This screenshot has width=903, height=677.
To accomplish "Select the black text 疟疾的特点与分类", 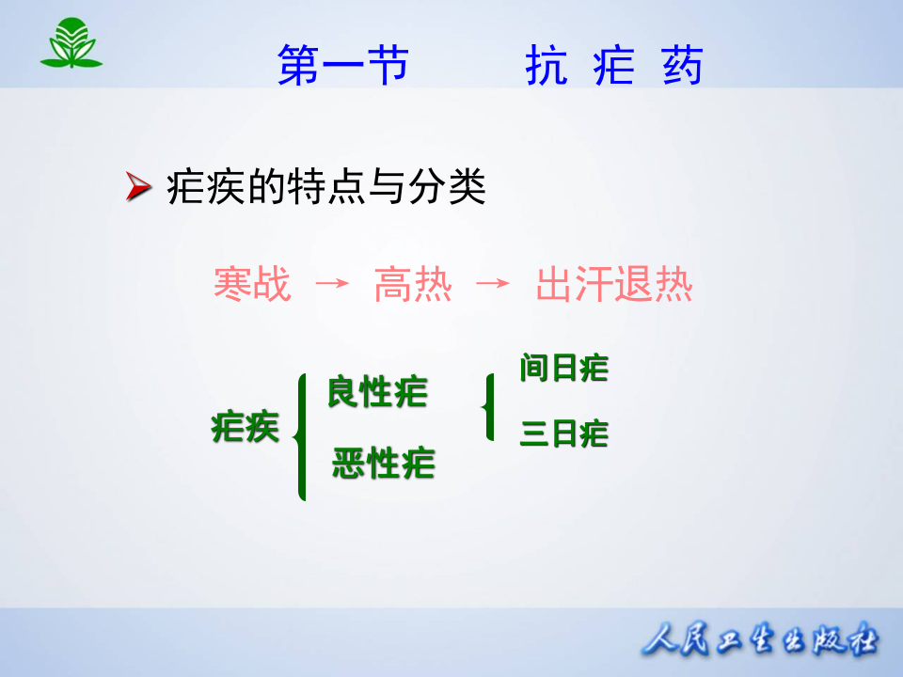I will (x=325, y=189).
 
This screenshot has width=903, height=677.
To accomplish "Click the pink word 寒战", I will (x=252, y=285).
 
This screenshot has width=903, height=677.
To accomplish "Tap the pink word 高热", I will (x=413, y=285).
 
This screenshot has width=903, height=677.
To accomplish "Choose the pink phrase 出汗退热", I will (x=614, y=285).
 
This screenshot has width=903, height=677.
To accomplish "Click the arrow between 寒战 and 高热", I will (x=331, y=284).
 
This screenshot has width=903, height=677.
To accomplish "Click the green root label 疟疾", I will (x=246, y=428).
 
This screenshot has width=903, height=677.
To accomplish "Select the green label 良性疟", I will (x=377, y=392).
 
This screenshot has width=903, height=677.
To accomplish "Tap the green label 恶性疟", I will (x=383, y=464).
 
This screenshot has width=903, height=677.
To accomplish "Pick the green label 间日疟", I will (x=564, y=369).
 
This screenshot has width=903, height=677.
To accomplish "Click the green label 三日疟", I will (x=564, y=434).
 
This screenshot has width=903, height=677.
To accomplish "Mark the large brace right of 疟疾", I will (x=300, y=437).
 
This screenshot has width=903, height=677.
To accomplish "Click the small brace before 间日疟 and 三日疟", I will (x=487, y=407).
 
